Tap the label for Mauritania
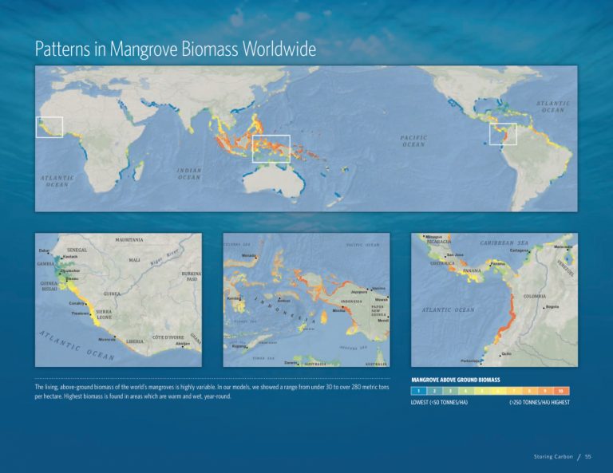click(x=129, y=239)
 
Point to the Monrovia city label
click(x=106, y=341)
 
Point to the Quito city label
click(x=507, y=354)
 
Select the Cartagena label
click(x=520, y=250)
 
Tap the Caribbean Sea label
click(x=515, y=240)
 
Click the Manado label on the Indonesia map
click(x=250, y=255)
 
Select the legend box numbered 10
click(x=560, y=391)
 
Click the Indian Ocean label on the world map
click(x=188, y=173)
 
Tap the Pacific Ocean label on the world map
click(x=413, y=140)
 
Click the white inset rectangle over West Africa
click(x=49, y=127)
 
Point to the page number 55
click(x=587, y=456)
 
